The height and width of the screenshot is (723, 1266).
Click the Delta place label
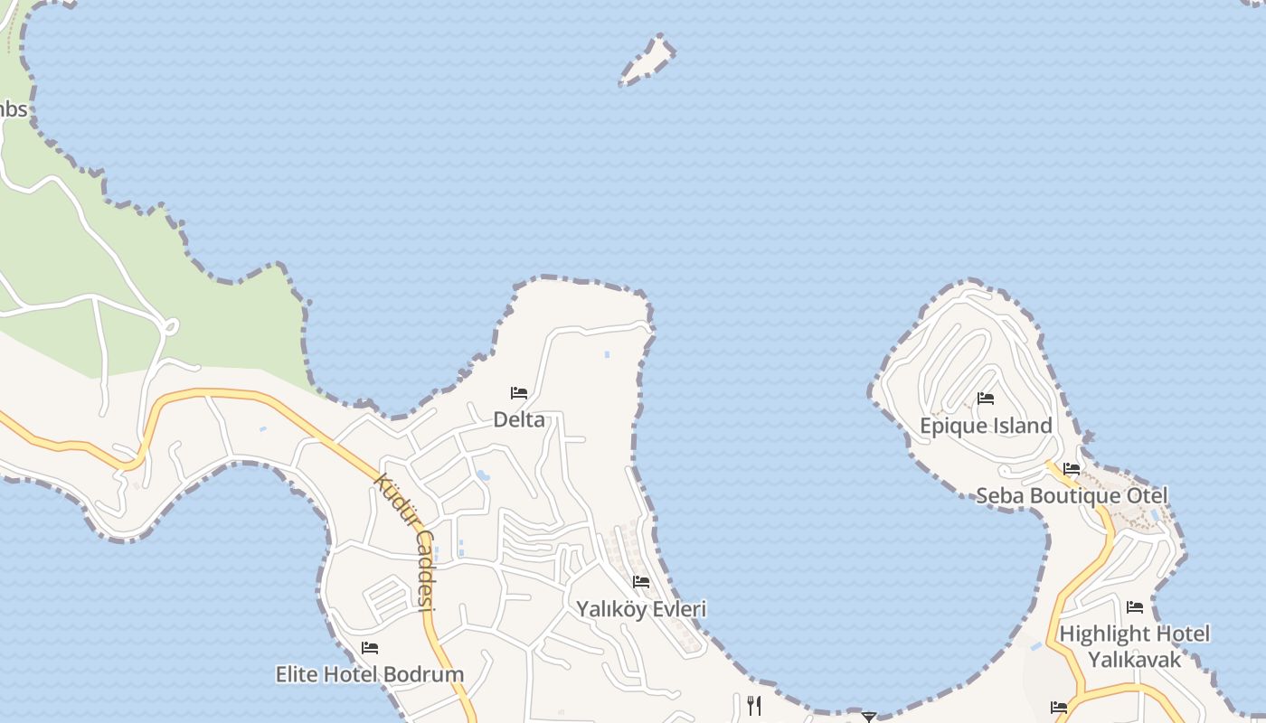tap(519, 419)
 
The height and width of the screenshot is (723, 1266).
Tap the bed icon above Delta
tap(519, 393)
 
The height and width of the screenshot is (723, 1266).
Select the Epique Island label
tap(986, 426)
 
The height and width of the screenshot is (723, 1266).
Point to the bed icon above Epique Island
tap(986, 399)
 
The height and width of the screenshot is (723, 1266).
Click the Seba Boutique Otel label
tap(1072, 496)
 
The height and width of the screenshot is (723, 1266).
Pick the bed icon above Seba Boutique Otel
tap(1072, 469)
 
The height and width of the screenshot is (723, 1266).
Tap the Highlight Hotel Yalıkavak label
tap(1134, 646)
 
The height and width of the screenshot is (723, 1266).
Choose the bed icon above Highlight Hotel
tap(1135, 607)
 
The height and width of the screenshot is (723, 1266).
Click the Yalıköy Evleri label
tap(641, 609)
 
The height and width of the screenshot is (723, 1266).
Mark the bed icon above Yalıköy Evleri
tap(641, 582)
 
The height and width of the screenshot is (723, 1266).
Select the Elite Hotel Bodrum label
tap(370, 674)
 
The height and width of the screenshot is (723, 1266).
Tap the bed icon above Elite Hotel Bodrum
tap(369, 648)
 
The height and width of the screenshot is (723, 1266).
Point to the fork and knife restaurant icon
tap(754, 705)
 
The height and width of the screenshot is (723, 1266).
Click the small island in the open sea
tap(647, 61)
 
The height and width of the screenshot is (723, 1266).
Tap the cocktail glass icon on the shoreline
tap(869, 717)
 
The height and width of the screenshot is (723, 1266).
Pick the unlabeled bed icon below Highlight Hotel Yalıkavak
tap(1059, 708)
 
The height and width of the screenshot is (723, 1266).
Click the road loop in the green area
tap(168, 326)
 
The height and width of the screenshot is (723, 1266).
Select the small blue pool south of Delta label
tap(483, 475)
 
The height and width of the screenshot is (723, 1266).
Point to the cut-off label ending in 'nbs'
tap(14, 110)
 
